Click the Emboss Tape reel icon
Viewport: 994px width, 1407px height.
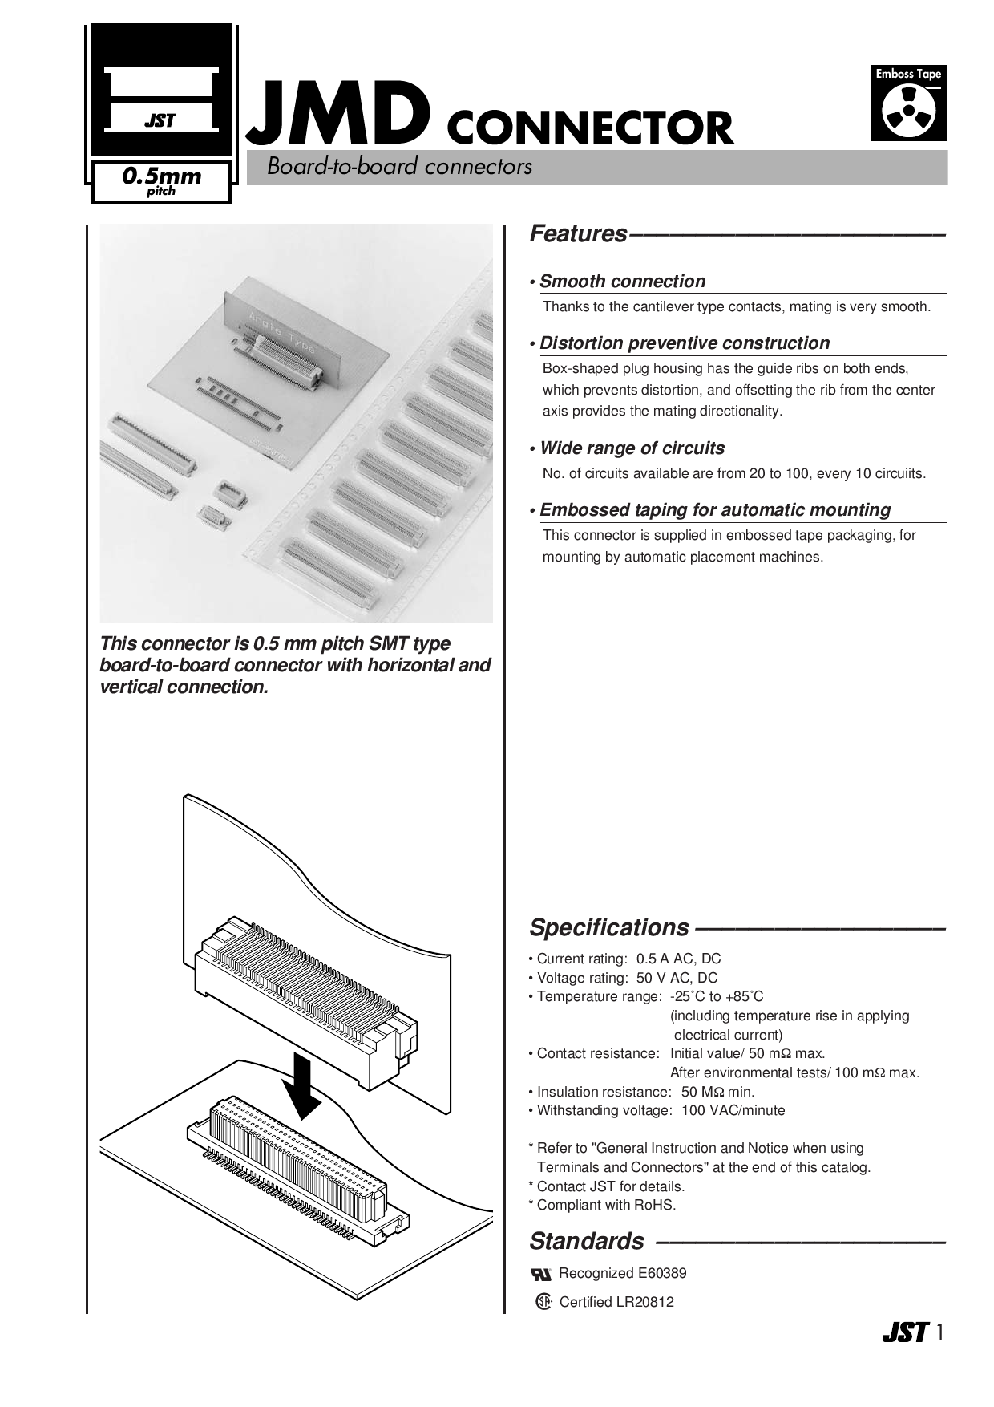point(909,111)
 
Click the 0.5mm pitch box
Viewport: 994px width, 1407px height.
point(161,181)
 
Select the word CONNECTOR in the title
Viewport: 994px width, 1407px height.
point(589,128)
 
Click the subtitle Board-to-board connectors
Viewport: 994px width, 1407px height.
point(399,167)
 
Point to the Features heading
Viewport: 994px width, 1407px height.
point(578,234)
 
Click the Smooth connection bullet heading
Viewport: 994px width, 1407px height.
point(622,282)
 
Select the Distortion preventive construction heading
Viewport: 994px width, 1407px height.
point(685,343)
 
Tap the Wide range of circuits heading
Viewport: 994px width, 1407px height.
point(632,448)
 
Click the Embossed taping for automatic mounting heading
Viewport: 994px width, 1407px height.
point(715,510)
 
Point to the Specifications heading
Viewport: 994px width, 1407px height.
point(608,927)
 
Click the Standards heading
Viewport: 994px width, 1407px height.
point(587,1241)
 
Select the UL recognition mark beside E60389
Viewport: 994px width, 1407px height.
point(541,1274)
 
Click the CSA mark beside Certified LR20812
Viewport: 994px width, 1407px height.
point(543,1301)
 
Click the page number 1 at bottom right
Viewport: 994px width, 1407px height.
point(940,1333)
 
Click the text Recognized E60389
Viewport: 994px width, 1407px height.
point(622,1273)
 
